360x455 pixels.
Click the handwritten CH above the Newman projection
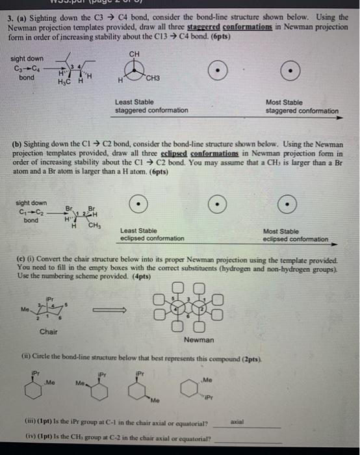point(133,54)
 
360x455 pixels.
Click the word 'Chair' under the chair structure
point(48,331)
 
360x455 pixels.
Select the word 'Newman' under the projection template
point(198,340)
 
